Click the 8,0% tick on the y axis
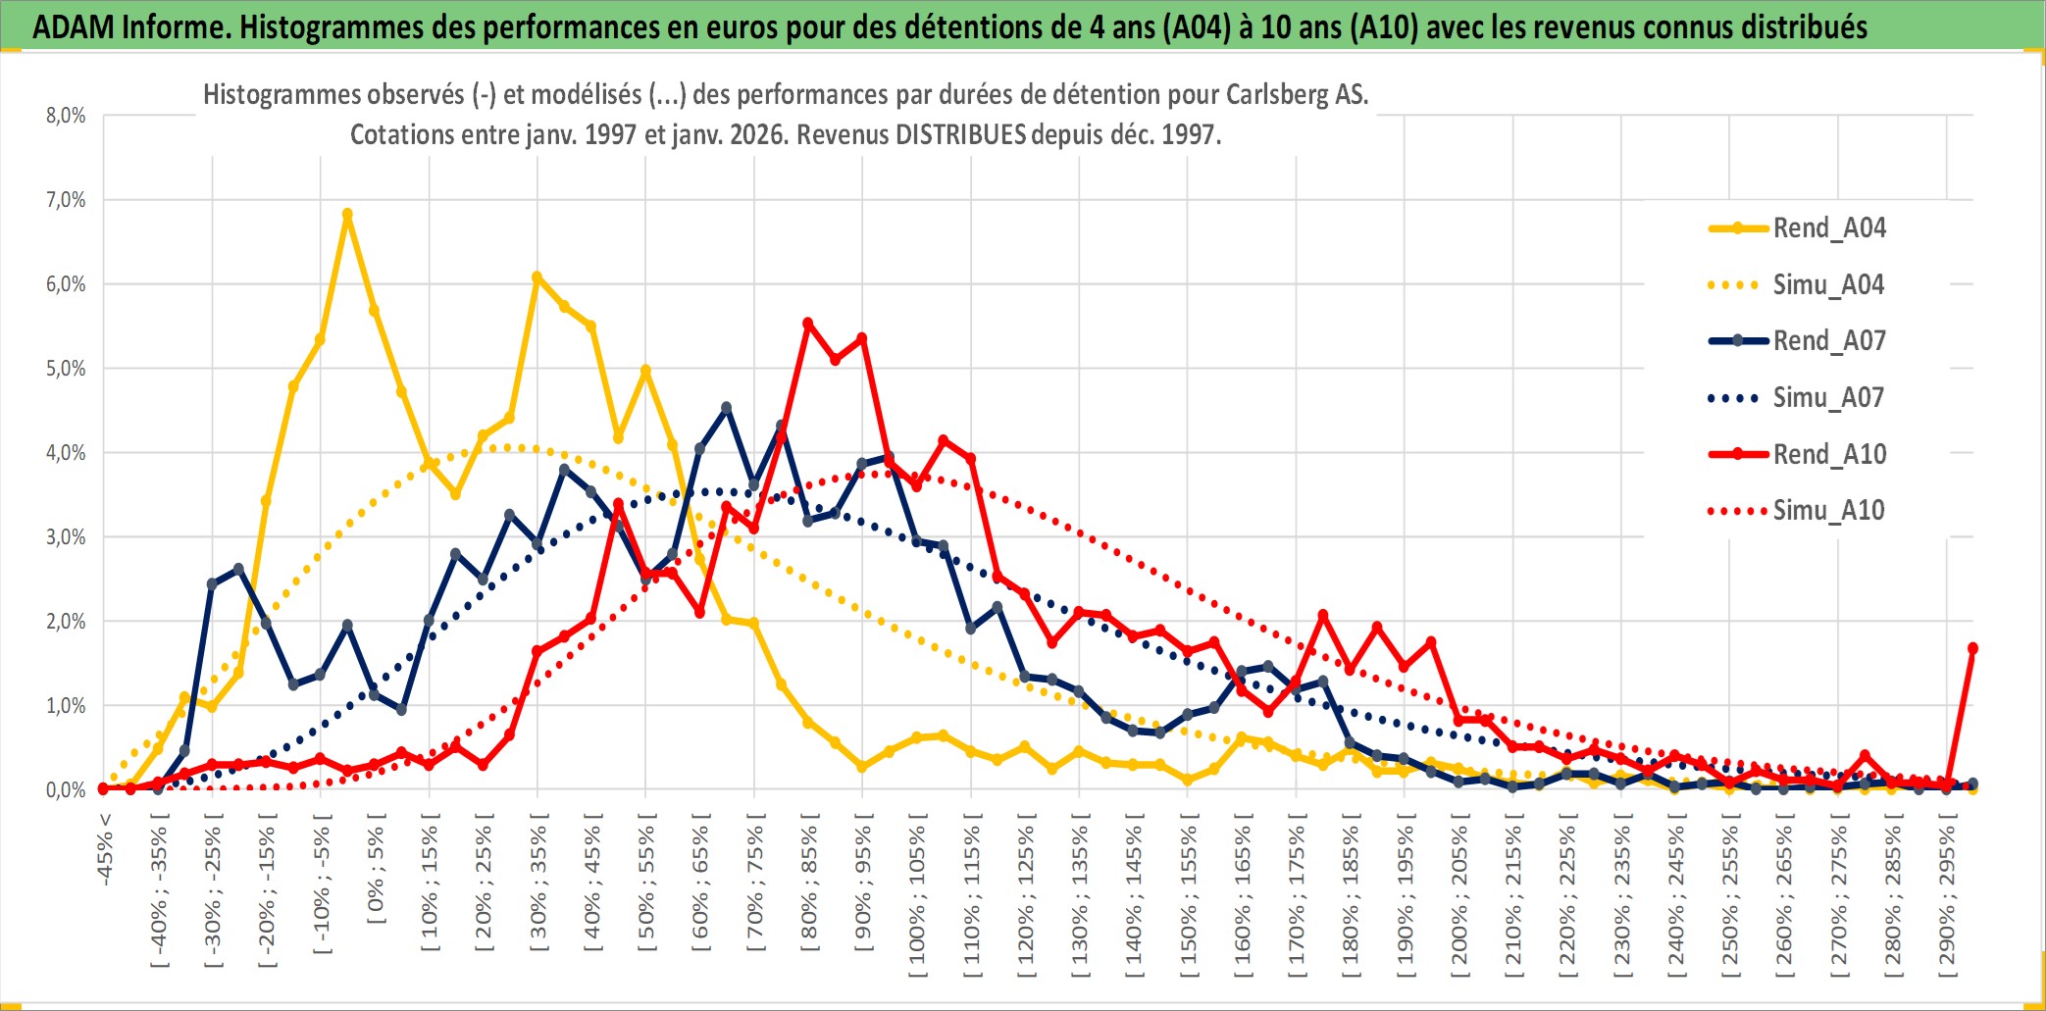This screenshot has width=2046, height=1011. (x=66, y=116)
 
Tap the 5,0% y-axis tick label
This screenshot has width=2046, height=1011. (x=66, y=369)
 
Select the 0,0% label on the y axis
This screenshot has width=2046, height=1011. (x=66, y=790)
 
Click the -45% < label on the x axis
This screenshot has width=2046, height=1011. (x=105, y=849)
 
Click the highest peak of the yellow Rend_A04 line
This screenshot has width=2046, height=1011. (x=347, y=214)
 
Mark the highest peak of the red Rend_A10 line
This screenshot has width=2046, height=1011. (x=808, y=323)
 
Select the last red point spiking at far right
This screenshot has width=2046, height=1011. (x=1972, y=648)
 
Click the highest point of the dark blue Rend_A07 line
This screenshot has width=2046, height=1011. (x=727, y=407)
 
